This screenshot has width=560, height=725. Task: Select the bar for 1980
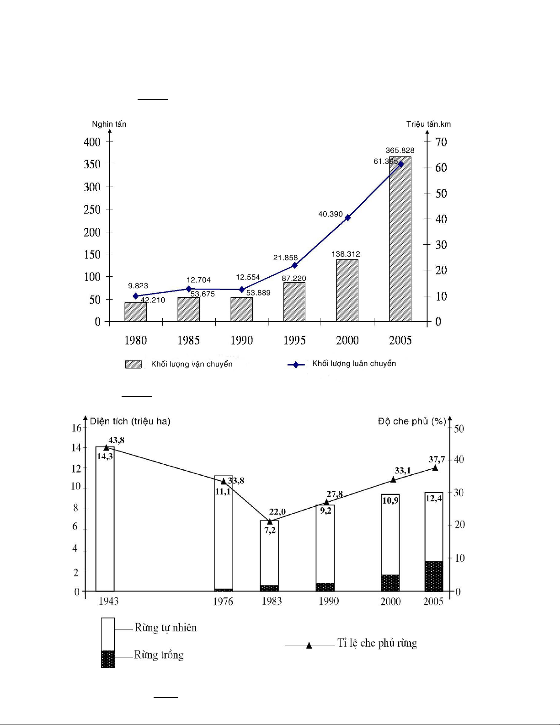[x=135, y=312]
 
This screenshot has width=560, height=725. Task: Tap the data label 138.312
[x=346, y=254]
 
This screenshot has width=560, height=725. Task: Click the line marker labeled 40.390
[x=347, y=218]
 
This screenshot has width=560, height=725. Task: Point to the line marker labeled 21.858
[x=294, y=265]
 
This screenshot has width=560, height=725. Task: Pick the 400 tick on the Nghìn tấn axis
[x=92, y=142]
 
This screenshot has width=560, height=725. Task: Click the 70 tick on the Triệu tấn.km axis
[x=441, y=142]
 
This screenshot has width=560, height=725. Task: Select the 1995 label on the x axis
[x=294, y=340]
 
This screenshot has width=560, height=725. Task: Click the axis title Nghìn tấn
[x=109, y=124]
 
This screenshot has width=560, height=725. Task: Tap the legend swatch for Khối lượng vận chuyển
[x=133, y=364]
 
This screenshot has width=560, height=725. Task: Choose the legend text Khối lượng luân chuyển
[x=354, y=364]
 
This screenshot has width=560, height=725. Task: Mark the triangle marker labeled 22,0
[x=270, y=521]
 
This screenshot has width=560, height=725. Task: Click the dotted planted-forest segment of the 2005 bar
[x=434, y=576]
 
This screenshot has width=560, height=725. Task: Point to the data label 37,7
[x=437, y=459]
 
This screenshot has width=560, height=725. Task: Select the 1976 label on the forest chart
[x=223, y=601]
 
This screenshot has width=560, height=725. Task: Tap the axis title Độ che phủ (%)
[x=411, y=421]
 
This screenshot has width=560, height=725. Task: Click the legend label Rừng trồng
[x=159, y=655]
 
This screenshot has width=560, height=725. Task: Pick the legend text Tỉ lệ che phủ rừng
[x=377, y=643]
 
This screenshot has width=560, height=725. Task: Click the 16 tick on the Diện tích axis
[x=76, y=428]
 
